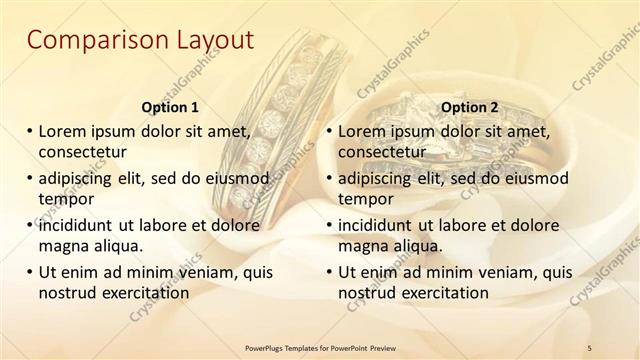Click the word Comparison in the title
(84, 40)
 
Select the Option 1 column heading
(170, 107)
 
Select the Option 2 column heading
(469, 107)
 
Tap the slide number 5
(590, 347)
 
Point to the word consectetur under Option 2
(382, 152)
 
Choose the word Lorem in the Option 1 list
(63, 131)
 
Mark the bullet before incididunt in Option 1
(31, 225)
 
